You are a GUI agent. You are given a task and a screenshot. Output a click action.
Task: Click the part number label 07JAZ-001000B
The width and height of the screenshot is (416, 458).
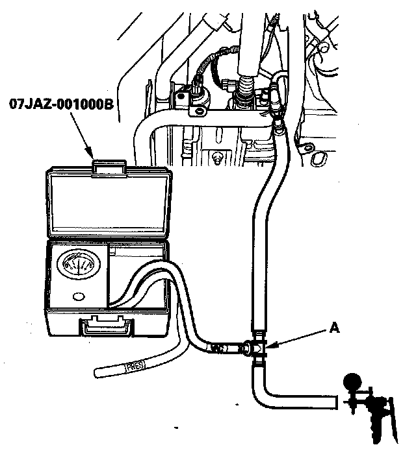point(62,103)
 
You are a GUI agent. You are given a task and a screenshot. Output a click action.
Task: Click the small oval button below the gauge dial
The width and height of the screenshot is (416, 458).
point(80,296)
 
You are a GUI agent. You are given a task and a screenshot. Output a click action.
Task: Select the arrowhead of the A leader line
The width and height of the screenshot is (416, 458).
point(272,347)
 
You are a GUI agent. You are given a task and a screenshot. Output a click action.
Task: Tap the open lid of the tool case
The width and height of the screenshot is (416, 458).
point(107,204)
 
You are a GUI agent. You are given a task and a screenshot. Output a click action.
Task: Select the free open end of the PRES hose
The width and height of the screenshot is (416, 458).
point(97,373)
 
